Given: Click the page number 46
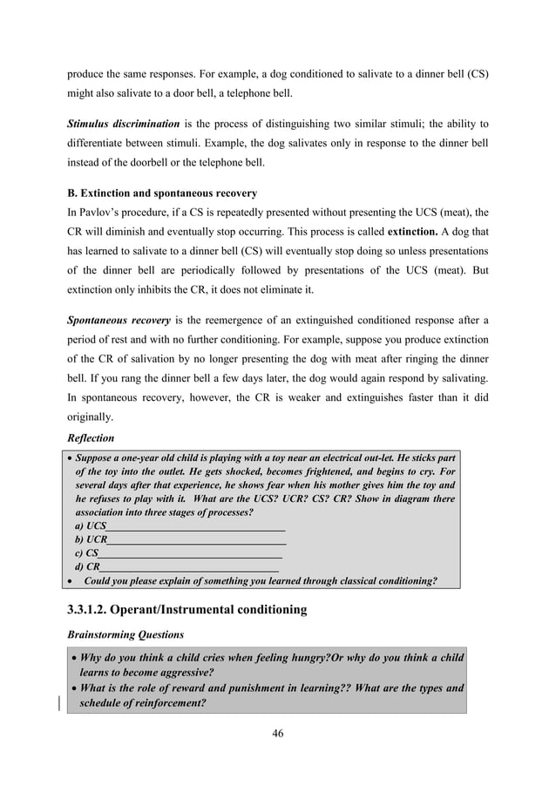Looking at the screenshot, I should (277, 733).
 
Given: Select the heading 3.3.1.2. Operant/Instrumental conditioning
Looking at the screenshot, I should (186, 609).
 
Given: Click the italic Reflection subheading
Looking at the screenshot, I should (91, 437).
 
